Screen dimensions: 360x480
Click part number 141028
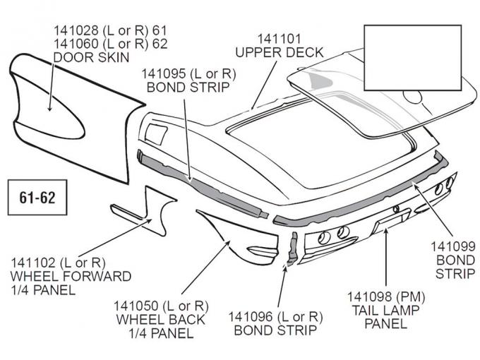pyautogui.click(x=74, y=31)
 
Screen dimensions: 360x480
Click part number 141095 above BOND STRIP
pyautogui.click(x=162, y=73)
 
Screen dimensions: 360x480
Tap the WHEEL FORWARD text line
pyautogui.click(x=71, y=275)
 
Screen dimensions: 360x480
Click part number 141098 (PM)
pyautogui.click(x=385, y=296)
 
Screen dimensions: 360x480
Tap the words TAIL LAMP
pyautogui.click(x=385, y=310)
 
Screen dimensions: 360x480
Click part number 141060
pyautogui.click(x=74, y=44)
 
